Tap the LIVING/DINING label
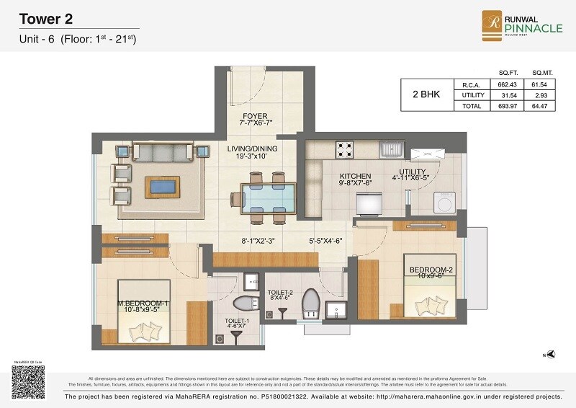point(253,149)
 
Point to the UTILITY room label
point(410,172)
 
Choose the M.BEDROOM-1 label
point(143,303)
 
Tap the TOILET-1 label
point(235,320)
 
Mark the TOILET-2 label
point(279,292)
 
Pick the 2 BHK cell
point(426,94)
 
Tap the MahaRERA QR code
point(27,381)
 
